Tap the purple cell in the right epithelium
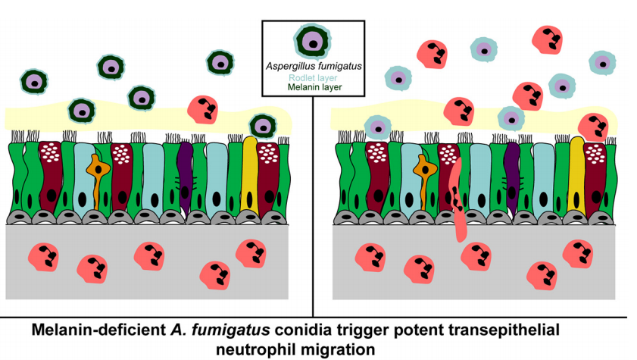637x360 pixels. pos(512,174)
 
